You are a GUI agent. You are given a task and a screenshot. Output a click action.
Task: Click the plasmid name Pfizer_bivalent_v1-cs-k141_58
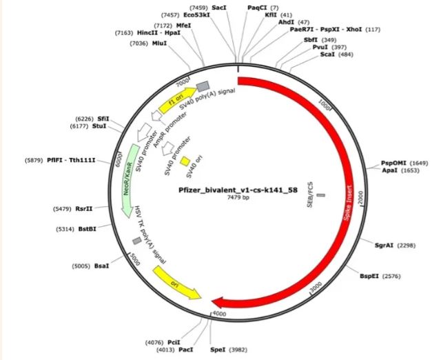238,190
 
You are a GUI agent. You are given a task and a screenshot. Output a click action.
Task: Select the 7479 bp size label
238,197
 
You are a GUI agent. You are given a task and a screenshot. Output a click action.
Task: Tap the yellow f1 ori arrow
177,100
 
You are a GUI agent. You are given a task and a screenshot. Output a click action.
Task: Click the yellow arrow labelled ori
176,283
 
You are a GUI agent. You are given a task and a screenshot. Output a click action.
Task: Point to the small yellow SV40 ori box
185,161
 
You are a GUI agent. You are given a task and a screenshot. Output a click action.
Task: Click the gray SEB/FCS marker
321,195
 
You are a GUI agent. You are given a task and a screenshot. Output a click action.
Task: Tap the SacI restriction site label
219,8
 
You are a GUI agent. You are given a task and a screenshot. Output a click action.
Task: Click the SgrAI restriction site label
384,246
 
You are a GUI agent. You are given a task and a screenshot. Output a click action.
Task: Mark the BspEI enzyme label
369,276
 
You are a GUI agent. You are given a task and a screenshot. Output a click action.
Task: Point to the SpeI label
218,350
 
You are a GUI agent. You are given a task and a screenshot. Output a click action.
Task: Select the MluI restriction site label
159,43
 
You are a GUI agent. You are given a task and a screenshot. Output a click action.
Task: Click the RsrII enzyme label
84,209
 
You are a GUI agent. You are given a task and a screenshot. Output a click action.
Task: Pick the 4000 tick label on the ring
219,314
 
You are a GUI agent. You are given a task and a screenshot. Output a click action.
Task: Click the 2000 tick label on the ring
360,197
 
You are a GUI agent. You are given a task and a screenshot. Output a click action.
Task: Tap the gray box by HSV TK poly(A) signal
136,241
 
